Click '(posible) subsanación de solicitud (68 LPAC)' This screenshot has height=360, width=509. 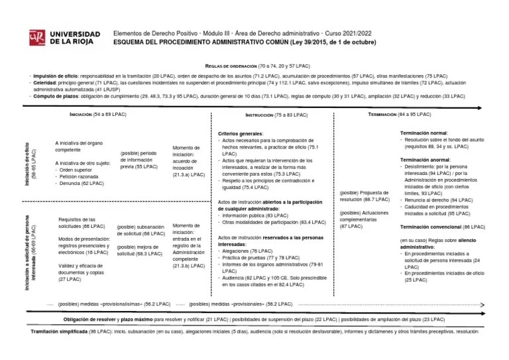(x=141, y=229)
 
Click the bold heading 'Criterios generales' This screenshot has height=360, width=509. (x=240, y=134)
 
